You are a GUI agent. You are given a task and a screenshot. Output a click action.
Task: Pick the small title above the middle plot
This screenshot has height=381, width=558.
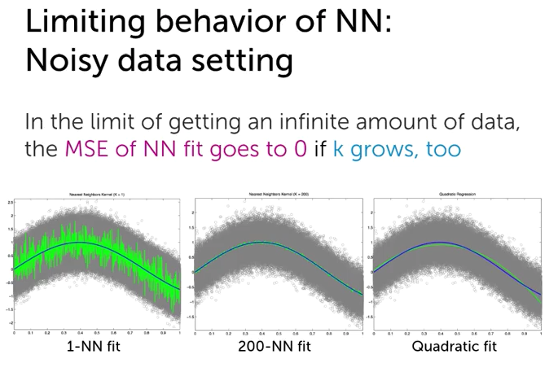click(277, 196)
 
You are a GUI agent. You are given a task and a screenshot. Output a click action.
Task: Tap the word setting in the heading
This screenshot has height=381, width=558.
click(251, 61)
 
